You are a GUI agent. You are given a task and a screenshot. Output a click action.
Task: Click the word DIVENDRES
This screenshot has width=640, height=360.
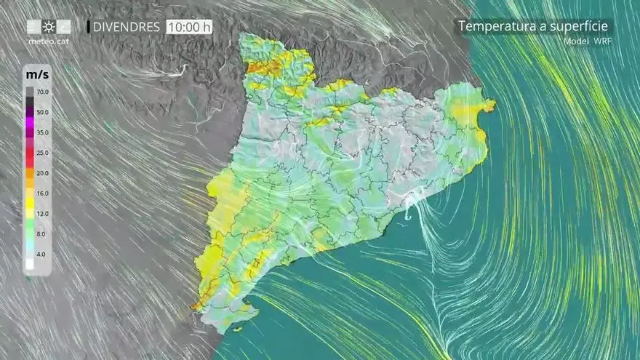coord(127,27)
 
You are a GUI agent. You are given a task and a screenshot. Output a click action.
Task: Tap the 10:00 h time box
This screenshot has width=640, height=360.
coord(189,27)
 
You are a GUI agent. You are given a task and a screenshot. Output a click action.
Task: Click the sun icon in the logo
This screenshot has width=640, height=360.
coord(49,27)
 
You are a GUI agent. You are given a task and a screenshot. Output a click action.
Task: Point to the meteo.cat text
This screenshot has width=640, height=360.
coord(48,41)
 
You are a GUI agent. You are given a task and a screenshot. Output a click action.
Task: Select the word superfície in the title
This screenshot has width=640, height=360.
coord(582,27)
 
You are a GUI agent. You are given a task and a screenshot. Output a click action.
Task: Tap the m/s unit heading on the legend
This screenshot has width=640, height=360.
coord(37,75)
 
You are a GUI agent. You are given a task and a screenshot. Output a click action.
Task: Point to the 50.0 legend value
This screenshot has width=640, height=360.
coord(42,113)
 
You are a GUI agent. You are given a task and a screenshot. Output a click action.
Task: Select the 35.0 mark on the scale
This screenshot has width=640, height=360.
coord(42,133)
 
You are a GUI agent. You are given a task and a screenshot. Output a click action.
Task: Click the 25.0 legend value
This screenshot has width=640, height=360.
coord(42,153)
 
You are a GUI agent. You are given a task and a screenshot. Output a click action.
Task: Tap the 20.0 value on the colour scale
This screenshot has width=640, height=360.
coord(42,173)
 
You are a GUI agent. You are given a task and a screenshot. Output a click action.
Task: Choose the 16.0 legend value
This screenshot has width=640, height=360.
coord(42,193)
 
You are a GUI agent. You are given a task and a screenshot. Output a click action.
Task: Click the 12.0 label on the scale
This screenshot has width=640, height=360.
coord(42,214)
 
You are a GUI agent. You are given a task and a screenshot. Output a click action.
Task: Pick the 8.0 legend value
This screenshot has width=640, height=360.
coord(43,234)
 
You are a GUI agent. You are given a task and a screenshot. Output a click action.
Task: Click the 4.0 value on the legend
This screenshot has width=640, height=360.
coord(43,255)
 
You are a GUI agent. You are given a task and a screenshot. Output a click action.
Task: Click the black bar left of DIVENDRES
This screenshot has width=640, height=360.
coord(89,27)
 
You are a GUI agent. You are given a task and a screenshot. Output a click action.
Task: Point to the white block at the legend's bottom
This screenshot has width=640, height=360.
coord(30,265)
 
